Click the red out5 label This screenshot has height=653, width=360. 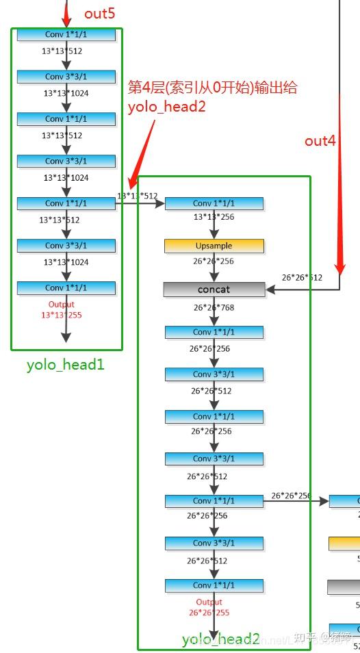pos(100,14)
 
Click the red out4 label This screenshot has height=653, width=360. pos(320,141)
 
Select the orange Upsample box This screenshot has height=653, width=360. pos(214,246)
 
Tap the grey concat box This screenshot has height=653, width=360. pos(214,290)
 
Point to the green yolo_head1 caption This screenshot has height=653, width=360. pos(66,364)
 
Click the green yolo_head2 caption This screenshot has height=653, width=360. pos(220,639)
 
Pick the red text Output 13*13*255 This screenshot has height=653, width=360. pos(62,309)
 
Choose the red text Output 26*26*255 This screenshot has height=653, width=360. pos(209,607)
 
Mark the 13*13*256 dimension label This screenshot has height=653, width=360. pos(214,217)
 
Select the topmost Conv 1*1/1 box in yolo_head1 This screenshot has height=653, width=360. pos(66,34)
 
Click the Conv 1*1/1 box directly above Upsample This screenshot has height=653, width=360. pos(214,203)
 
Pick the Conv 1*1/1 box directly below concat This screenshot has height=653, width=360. pos(214,332)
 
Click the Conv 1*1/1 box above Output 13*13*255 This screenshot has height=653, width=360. pos(66,287)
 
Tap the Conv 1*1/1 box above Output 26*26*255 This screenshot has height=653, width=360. pos(214,585)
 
